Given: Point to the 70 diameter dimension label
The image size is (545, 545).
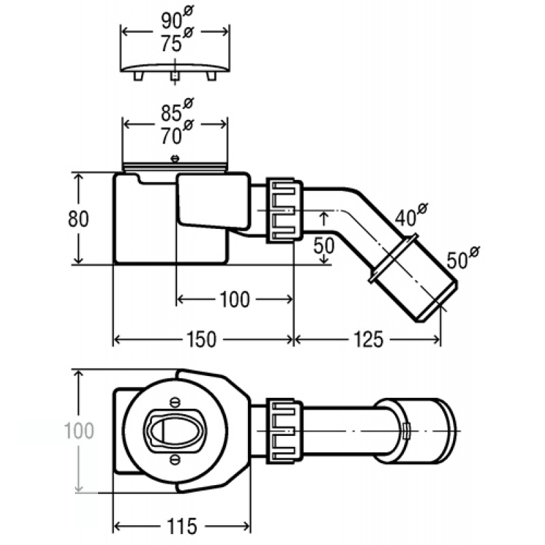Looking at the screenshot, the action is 177,133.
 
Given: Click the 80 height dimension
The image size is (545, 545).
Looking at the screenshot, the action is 78,219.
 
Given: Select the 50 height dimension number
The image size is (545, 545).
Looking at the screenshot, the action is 324,245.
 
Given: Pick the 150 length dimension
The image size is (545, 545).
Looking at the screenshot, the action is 201,339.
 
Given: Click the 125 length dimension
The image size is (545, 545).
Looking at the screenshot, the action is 368,339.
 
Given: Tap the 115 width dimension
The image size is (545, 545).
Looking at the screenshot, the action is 182,526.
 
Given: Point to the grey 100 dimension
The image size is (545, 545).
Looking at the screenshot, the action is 79,431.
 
